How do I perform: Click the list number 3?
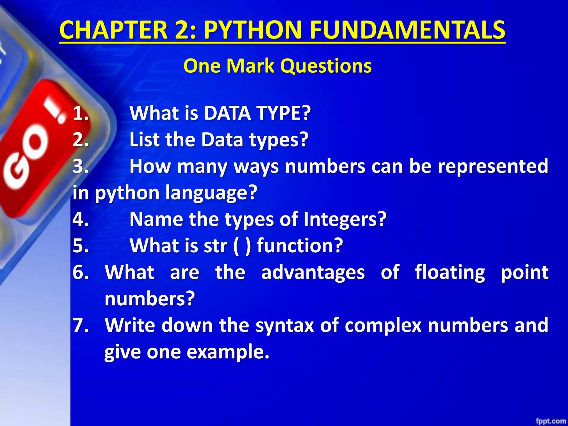(80, 166)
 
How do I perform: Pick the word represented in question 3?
(493, 166)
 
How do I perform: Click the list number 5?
(80, 246)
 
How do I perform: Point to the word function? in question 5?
(300, 246)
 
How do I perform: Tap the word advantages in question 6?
(313, 272)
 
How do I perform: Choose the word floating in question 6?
(450, 272)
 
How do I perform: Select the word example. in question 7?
(228, 352)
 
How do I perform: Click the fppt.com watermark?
(551, 421)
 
